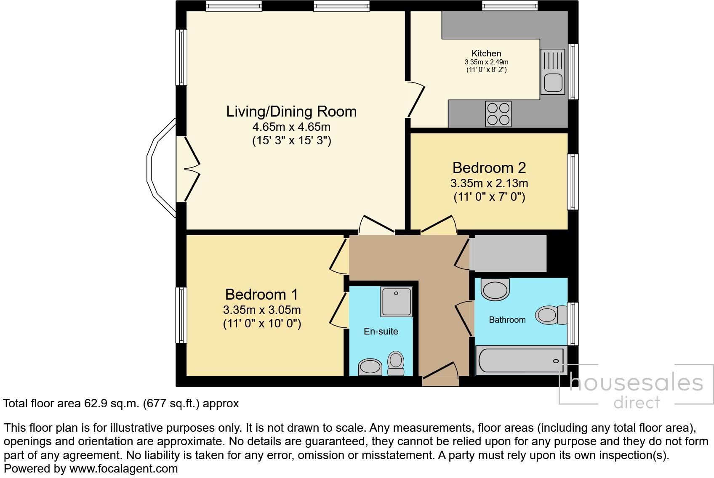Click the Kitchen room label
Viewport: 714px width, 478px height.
pyautogui.click(x=486, y=53)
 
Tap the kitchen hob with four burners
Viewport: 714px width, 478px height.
pyautogui.click(x=498, y=114)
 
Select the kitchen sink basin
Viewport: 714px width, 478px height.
pyautogui.click(x=553, y=82)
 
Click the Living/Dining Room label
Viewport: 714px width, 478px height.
pyautogui.click(x=291, y=112)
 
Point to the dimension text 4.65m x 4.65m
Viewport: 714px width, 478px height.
pyautogui.click(x=291, y=127)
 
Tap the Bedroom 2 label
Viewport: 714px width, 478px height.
pyautogui.click(x=489, y=168)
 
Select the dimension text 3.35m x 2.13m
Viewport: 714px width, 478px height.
pyautogui.click(x=489, y=183)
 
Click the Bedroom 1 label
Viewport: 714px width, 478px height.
pyautogui.click(x=262, y=294)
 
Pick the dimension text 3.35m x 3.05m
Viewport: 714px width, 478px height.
pyautogui.click(x=262, y=310)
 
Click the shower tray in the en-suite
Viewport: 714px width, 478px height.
pyautogui.click(x=396, y=302)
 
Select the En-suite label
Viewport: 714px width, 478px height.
pyautogui.click(x=381, y=332)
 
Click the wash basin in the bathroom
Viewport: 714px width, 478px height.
pyautogui.click(x=496, y=289)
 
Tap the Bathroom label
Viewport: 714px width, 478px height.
pyautogui.click(x=507, y=320)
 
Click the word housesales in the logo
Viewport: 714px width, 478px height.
pyautogui.click(x=636, y=383)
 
